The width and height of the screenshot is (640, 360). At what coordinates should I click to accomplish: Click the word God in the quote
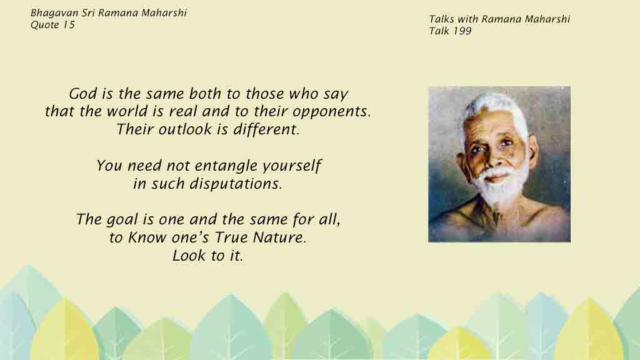coord(84,94)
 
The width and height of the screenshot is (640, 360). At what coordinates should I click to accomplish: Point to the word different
coord(266,129)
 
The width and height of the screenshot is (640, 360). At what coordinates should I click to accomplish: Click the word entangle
coord(225,166)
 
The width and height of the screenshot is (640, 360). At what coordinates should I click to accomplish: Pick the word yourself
coord(291,166)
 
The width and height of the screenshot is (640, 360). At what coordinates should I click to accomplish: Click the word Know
coord(146,237)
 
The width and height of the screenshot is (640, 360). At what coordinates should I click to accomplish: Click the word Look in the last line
coord(185,256)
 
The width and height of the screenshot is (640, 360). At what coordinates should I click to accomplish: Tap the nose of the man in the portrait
coord(493,157)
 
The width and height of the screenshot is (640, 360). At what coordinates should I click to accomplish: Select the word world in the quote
coord(127,111)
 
